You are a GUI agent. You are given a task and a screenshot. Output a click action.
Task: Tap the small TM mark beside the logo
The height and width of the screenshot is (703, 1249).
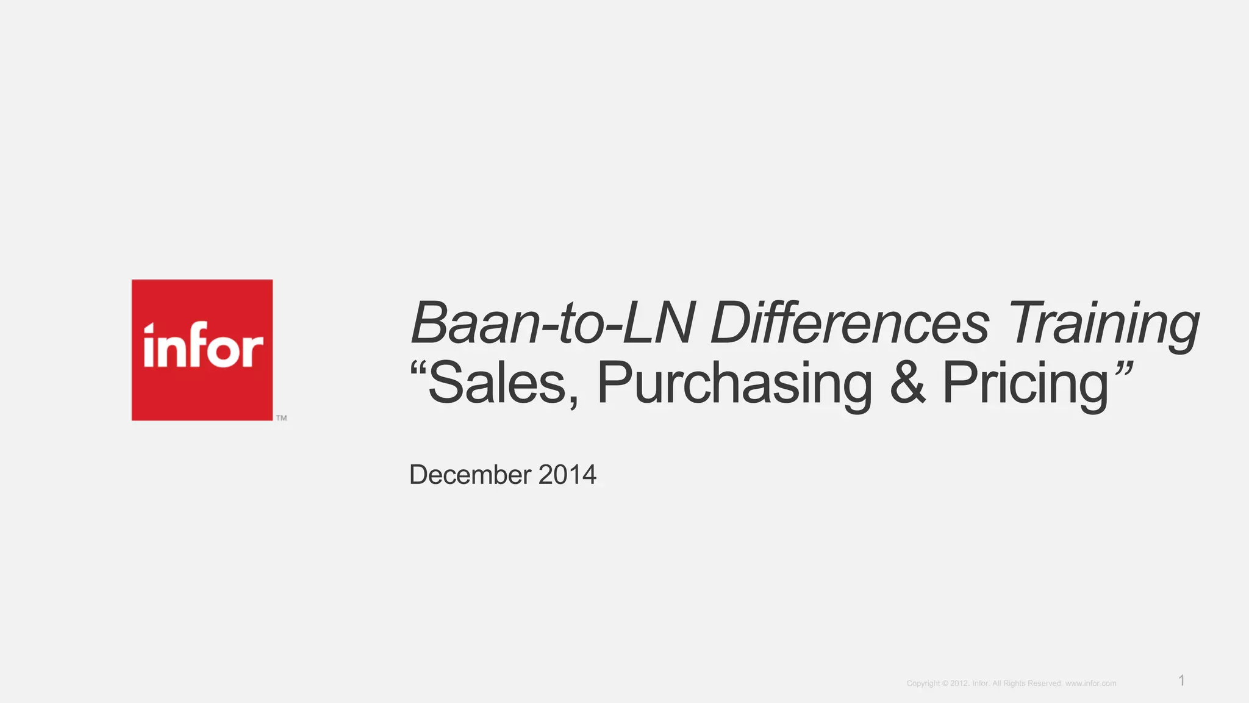(x=281, y=418)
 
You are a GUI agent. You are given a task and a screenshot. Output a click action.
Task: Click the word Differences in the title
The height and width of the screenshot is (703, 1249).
(x=850, y=323)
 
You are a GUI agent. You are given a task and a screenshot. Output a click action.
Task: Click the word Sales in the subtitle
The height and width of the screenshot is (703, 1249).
(x=497, y=383)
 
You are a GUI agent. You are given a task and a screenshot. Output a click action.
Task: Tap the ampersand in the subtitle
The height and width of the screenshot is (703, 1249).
(x=907, y=383)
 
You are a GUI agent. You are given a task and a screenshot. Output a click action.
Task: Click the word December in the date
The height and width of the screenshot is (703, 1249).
(x=470, y=475)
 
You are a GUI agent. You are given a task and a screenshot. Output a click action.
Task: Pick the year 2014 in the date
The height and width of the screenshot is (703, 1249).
(x=567, y=475)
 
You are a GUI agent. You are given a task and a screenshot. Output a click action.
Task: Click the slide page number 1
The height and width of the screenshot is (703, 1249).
(x=1181, y=680)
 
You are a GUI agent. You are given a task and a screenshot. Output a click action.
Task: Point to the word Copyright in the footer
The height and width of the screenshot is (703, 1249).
(x=923, y=683)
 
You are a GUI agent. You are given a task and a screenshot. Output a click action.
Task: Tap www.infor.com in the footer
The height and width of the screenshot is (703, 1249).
(x=1090, y=683)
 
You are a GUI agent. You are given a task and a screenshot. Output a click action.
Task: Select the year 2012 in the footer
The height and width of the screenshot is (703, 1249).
(x=959, y=683)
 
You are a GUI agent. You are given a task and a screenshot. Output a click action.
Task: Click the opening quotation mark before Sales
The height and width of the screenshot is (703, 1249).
(x=418, y=369)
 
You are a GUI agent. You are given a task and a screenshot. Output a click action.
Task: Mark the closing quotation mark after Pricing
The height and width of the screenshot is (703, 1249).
(x=1124, y=369)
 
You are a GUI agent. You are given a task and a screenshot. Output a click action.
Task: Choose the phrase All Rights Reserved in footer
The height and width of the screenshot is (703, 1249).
(x=1026, y=683)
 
